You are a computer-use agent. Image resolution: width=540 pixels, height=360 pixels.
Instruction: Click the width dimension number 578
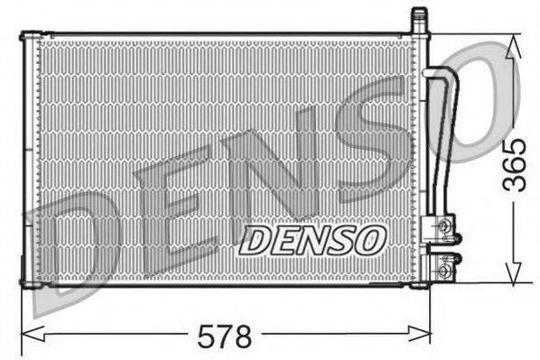pos(225,337)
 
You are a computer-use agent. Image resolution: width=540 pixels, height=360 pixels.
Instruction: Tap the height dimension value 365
pos(515,164)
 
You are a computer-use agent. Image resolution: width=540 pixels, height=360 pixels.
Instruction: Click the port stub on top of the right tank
pos(418,19)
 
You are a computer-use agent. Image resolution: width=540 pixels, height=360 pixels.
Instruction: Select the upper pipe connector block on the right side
pos(443,226)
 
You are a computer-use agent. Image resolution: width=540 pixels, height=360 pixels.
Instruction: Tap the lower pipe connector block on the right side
pos(443,267)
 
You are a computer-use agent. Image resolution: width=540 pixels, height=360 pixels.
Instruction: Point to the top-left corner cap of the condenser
pos(29,37)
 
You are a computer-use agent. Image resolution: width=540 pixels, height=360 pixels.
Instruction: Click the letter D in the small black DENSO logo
pos(255,239)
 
